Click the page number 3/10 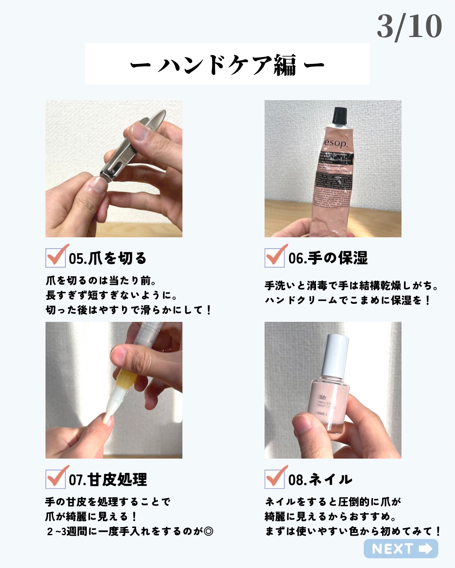[409, 27]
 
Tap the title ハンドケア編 [227, 65]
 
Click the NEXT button [401, 549]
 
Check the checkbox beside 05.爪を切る [56, 257]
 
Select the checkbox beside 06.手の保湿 [275, 257]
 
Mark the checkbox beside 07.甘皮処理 [56, 479]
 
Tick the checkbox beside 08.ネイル [275, 479]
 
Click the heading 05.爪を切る [107, 258]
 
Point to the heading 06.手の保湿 [328, 258]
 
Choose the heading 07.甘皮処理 [108, 479]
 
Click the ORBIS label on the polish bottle [322, 414]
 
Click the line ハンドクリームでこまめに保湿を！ [348, 300]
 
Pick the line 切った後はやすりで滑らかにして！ [128, 310]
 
